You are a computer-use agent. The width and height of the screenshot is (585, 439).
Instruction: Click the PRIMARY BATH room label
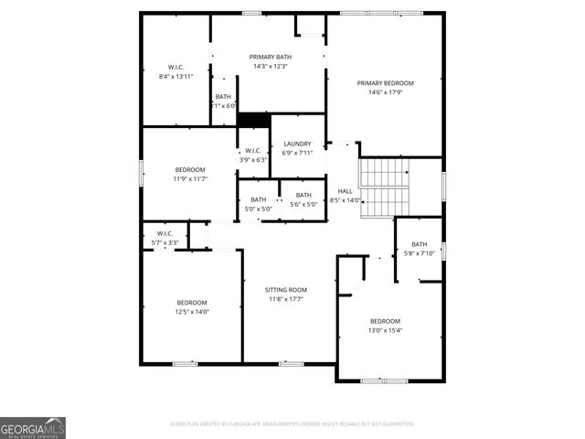tap(271, 57)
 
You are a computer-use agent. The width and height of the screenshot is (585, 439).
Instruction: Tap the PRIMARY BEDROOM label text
tap(385, 82)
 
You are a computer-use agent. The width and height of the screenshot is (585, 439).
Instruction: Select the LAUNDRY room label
tap(297, 144)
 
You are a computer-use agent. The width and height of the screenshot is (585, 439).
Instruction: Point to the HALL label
tap(345, 190)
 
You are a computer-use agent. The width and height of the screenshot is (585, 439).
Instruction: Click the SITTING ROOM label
tap(286, 289)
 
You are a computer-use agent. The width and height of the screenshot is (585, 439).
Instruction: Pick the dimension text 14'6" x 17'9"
tap(385, 92)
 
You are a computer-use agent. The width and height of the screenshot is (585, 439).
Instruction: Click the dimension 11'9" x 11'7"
tap(190, 179)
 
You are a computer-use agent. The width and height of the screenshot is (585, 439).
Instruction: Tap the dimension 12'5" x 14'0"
tap(192, 312)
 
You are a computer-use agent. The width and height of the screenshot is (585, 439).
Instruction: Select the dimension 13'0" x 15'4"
tap(385, 330)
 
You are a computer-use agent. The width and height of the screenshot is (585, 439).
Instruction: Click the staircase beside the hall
tap(383, 187)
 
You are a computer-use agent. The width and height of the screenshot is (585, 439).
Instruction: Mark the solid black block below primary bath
tap(253, 119)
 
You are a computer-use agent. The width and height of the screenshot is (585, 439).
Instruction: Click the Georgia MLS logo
tap(33, 427)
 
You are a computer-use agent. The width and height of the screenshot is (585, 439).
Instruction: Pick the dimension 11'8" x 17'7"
tap(286, 299)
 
